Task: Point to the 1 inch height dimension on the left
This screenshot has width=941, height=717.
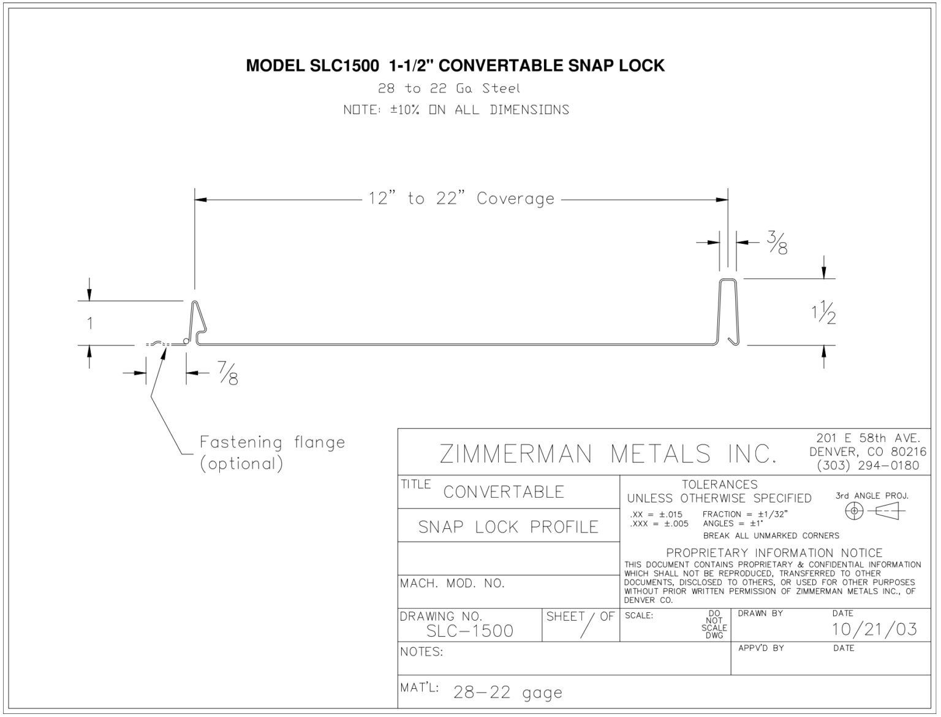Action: pyautogui.click(x=90, y=323)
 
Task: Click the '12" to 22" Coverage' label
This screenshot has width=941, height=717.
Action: pyautogui.click(x=461, y=199)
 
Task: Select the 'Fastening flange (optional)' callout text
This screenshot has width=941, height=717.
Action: pyautogui.click(x=272, y=452)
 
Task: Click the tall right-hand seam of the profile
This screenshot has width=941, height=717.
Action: pyautogui.click(x=728, y=311)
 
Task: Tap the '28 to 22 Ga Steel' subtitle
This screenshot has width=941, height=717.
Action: pyautogui.click(x=448, y=88)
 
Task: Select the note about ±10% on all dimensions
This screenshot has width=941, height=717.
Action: pyautogui.click(x=456, y=110)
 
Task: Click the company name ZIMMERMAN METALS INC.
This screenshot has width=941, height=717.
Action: pyautogui.click(x=608, y=453)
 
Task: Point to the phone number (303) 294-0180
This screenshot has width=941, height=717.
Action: pyautogui.click(x=867, y=465)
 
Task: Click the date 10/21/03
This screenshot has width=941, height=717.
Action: pyautogui.click(x=874, y=629)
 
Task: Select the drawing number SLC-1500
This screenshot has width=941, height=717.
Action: pyautogui.click(x=470, y=631)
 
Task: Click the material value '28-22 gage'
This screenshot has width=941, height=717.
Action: pyautogui.click(x=507, y=692)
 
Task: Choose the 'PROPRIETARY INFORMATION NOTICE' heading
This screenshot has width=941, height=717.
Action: pyautogui.click(x=774, y=552)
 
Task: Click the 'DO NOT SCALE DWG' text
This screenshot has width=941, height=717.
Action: pyautogui.click(x=714, y=624)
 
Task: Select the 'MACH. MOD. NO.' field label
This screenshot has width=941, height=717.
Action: pyautogui.click(x=452, y=583)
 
